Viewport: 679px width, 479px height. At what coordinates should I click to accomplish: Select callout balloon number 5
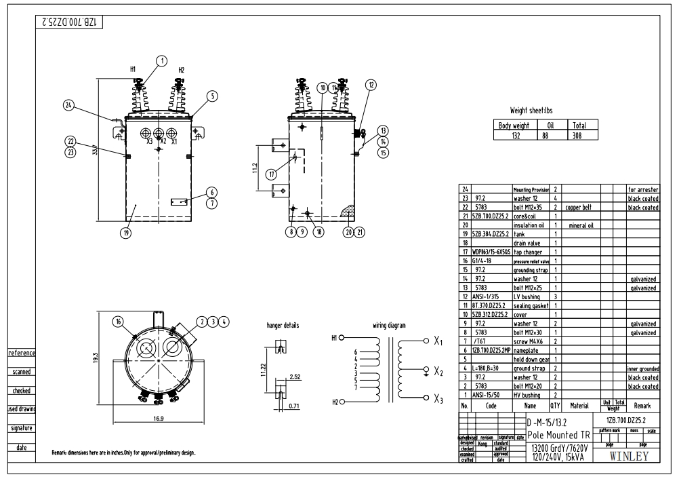212,96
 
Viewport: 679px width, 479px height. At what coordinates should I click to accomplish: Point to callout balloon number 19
125,233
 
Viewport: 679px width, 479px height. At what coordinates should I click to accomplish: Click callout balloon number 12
371,85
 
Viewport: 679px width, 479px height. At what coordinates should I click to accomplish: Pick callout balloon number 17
272,174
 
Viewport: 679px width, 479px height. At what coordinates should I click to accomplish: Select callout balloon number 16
120,321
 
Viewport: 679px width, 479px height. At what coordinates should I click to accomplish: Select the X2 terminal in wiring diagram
439,373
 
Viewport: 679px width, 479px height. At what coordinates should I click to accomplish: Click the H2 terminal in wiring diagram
334,402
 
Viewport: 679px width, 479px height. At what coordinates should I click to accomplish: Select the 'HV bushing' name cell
529,394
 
